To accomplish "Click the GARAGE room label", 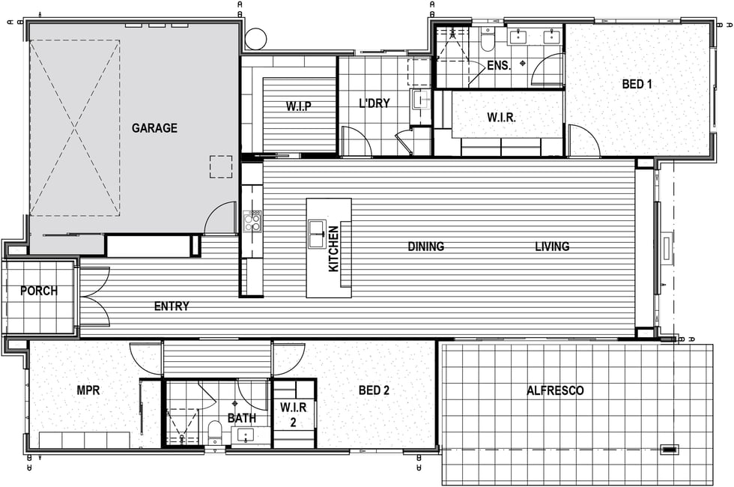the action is (154, 128).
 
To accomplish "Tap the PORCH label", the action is (39, 291).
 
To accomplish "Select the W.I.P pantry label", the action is (299, 106).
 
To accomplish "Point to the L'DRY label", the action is (374, 103).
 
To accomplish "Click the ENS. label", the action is (499, 66).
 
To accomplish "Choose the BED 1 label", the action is (637, 84).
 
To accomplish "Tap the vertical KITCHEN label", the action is (334, 249).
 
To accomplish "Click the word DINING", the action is (426, 246).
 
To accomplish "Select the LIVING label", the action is (553, 246).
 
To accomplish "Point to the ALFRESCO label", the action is (556, 390).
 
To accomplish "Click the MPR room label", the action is (88, 390).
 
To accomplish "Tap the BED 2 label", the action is (374, 390).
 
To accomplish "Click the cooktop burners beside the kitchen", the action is (253, 221).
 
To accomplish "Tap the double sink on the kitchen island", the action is (317, 233).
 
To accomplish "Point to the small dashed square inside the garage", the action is (221, 166).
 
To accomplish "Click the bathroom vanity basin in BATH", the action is (246, 435).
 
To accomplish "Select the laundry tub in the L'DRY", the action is (420, 99).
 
